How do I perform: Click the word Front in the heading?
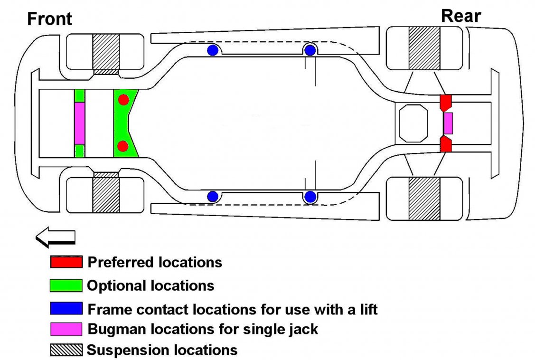coord(50,19)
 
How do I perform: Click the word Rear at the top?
coord(460,16)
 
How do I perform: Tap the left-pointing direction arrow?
coord(56,237)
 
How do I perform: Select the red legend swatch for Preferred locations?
coord(66,262)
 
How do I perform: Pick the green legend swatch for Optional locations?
coord(66,285)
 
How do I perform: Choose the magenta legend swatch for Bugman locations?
coord(66,329)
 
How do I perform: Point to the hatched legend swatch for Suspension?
coord(66,350)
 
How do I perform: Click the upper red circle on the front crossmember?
coord(123,100)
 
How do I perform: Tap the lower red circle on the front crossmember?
coord(123,146)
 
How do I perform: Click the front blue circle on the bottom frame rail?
coord(213,196)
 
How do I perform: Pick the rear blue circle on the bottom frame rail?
coord(310,196)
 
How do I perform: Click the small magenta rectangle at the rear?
coord(448,123)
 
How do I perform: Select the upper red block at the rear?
coord(445,102)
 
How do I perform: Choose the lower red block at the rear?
coord(445,144)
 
